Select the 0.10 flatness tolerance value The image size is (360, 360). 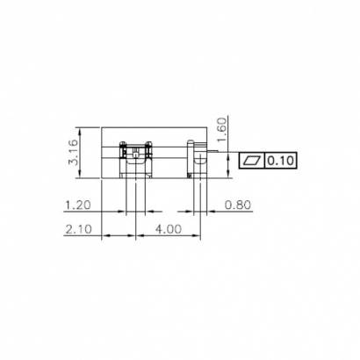pyautogui.click(x=281, y=161)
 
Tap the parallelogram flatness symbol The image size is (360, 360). pyautogui.click(x=252, y=161)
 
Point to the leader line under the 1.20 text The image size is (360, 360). pyautogui.click(x=88, y=213)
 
